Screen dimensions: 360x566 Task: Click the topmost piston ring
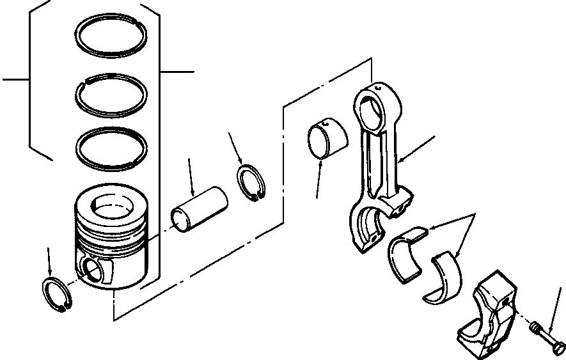tap(113, 25)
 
